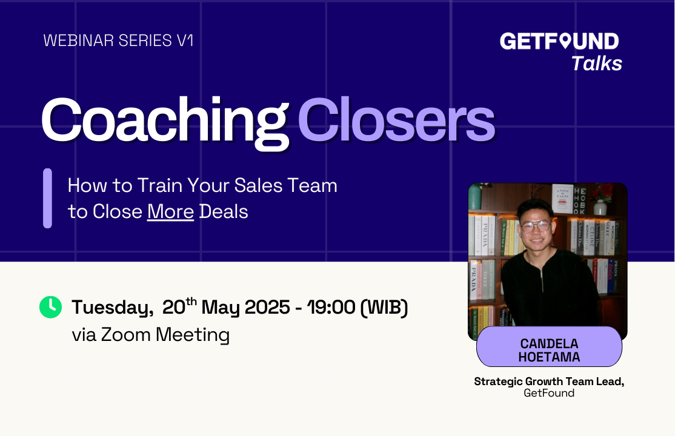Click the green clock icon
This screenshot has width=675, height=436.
click(x=50, y=307)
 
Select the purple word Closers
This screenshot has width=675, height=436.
click(x=396, y=120)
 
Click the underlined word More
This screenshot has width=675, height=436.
click(x=170, y=211)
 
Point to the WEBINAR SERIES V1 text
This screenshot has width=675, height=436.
click(x=118, y=41)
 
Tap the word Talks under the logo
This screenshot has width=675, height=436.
click(x=597, y=64)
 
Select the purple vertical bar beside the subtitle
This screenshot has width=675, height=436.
click(x=47, y=198)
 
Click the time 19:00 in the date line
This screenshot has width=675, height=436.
click(x=331, y=307)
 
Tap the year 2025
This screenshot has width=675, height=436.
click(x=267, y=307)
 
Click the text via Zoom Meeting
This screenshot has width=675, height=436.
click(x=151, y=335)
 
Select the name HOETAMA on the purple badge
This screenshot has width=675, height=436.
click(x=550, y=357)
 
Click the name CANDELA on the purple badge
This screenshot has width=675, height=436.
click(x=550, y=343)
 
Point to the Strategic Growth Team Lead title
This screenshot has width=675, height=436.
click(x=550, y=381)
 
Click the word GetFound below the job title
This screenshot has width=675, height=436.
click(x=549, y=393)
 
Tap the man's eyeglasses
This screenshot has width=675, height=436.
click(x=536, y=225)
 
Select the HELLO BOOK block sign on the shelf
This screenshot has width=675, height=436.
click(x=580, y=200)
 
